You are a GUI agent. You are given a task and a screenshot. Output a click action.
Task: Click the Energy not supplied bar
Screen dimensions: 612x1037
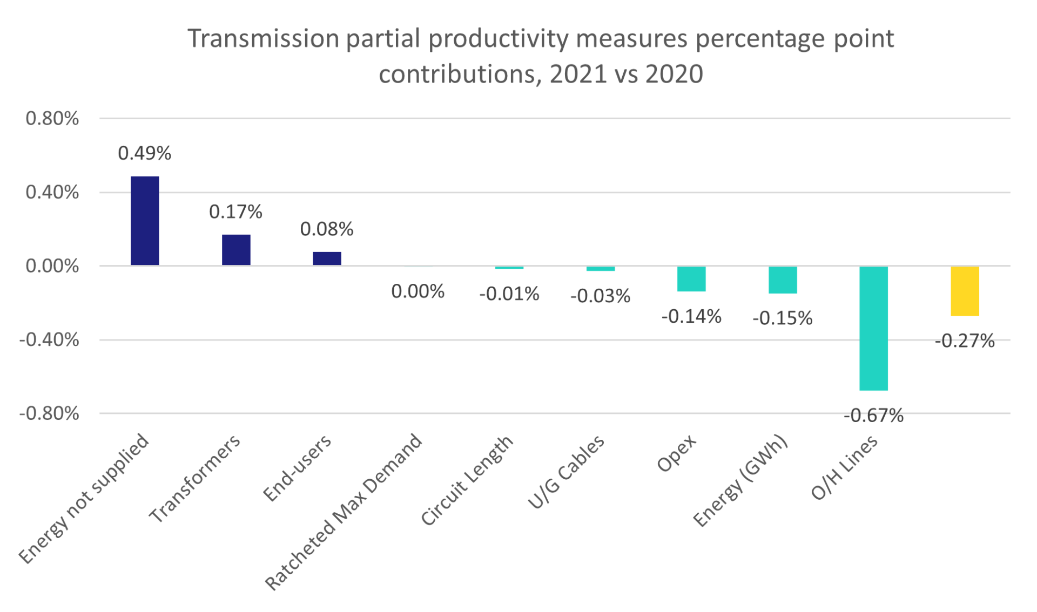145,221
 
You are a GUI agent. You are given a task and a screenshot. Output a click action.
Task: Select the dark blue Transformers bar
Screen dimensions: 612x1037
236,250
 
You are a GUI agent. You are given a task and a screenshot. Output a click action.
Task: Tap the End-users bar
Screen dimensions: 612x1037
327,259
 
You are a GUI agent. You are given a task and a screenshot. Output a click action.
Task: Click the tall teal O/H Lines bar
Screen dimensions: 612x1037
873,328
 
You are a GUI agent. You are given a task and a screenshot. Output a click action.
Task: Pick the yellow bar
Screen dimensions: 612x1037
965,291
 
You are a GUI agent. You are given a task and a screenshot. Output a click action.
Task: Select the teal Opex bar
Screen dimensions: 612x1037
691,279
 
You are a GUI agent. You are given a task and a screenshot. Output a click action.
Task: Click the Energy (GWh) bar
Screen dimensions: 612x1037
783,280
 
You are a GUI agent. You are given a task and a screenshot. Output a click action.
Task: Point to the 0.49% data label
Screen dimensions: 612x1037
145,153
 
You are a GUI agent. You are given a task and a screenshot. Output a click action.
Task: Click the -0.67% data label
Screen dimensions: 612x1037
873,416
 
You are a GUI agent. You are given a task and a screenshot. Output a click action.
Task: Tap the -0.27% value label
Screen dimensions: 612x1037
965,341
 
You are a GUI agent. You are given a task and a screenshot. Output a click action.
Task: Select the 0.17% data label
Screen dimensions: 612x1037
235,212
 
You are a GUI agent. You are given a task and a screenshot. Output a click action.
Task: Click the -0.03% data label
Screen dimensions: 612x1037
600,296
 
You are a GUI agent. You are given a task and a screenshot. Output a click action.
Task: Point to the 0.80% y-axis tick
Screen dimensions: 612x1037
52,119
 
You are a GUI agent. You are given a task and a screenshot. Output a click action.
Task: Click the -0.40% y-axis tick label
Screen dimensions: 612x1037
49,340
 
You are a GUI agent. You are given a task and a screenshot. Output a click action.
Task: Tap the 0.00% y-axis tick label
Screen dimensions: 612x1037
52,266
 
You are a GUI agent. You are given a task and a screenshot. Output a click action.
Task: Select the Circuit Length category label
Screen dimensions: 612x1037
467,480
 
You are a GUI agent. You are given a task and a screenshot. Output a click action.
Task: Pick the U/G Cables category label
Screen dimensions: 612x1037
566,472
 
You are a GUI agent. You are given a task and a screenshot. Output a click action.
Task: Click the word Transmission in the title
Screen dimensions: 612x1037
263,39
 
